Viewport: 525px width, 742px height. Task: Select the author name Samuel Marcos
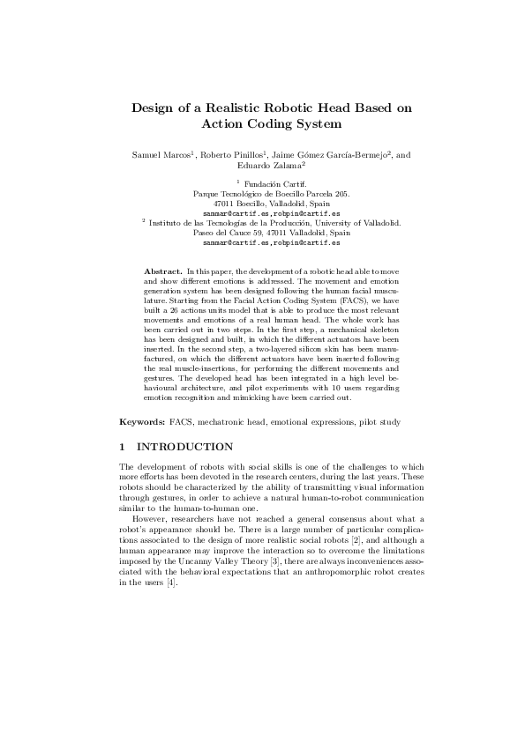click(x=162, y=155)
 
